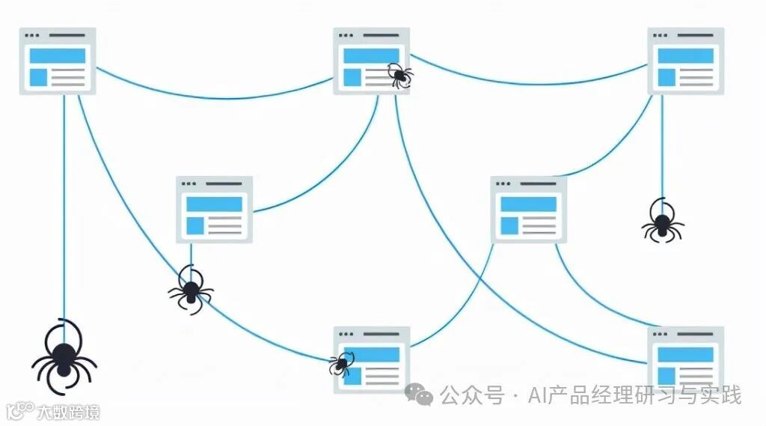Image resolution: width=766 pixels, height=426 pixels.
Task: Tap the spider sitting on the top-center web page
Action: pos(399,74)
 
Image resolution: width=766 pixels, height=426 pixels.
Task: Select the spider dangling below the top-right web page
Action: pos(662,222)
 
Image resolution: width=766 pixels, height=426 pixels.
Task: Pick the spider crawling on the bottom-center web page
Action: pos(341,364)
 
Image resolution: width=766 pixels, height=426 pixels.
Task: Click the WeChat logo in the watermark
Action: pos(419,395)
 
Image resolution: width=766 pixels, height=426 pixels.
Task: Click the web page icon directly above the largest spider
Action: pos(57,61)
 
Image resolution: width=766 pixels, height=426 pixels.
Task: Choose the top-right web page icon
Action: pos(685,61)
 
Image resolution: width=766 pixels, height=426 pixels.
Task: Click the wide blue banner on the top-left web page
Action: pos(57,56)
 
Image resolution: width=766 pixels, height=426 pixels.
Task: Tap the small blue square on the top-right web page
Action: pos(666,76)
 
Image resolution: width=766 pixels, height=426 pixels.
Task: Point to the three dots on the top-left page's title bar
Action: pos(32,35)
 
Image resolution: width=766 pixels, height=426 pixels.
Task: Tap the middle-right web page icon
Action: pos(528,210)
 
